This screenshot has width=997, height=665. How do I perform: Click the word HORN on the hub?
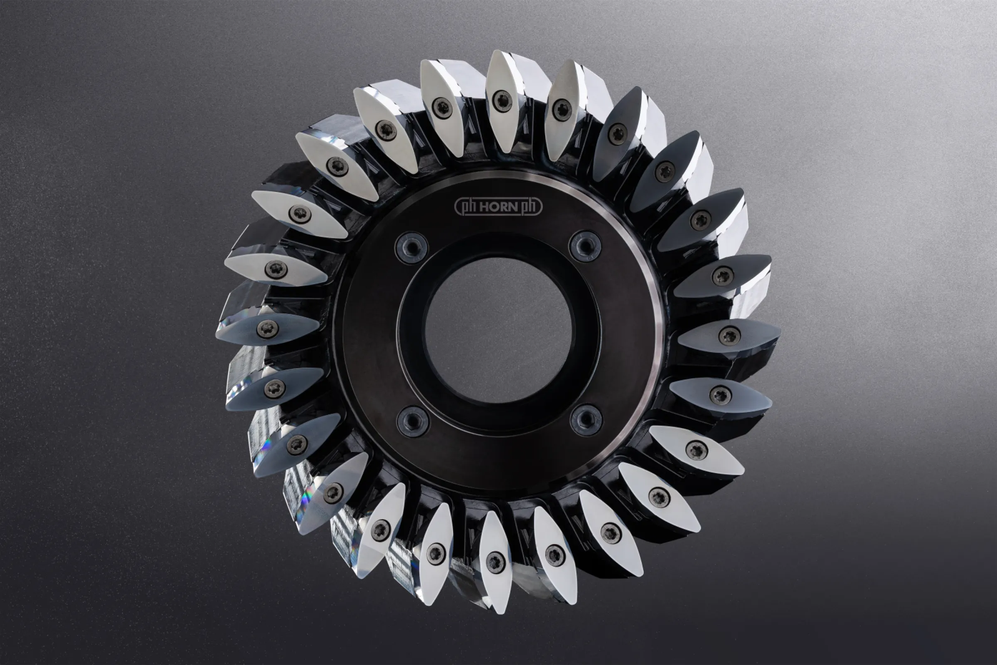pyautogui.click(x=498, y=207)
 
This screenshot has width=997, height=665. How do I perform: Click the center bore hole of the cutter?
pyautogui.click(x=498, y=330)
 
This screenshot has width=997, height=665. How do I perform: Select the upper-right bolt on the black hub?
pyautogui.click(x=585, y=246)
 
